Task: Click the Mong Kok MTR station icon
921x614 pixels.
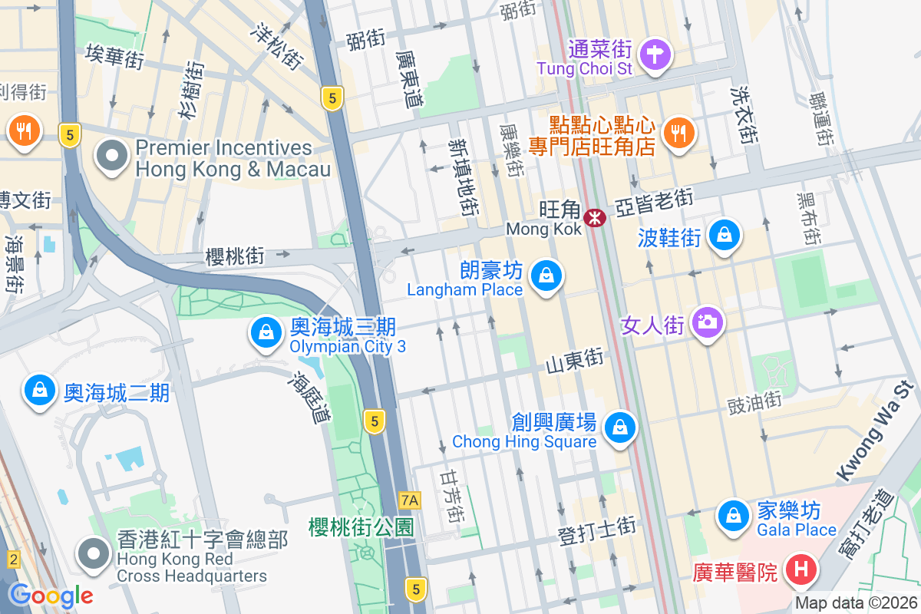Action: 594,218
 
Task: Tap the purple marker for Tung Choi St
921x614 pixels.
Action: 657,54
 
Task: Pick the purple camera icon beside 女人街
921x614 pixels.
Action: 707,321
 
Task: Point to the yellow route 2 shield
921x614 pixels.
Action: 13,560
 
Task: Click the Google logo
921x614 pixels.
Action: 51,595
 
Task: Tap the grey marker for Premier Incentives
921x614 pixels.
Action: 113,156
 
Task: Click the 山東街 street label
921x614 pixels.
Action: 575,359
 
